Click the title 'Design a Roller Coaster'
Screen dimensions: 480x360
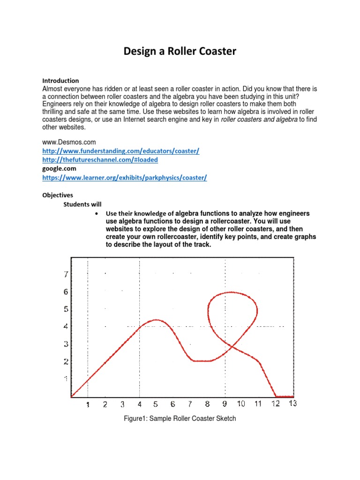point(180,51)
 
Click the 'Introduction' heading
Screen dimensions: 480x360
point(60,81)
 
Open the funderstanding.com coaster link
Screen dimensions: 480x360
point(120,150)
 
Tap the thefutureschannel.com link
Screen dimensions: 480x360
point(100,160)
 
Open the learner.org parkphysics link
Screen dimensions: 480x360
point(124,178)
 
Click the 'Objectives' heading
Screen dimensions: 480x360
point(58,195)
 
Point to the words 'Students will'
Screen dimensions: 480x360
point(82,204)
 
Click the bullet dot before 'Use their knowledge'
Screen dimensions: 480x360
point(96,214)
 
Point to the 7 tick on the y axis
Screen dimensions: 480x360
point(66,274)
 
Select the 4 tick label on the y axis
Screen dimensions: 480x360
point(66,326)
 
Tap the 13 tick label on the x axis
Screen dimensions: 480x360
point(292,404)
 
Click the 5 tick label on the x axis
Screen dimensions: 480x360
point(156,404)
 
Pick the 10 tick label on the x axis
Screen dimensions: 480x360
point(240,404)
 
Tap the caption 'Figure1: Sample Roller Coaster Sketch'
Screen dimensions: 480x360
point(180,419)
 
